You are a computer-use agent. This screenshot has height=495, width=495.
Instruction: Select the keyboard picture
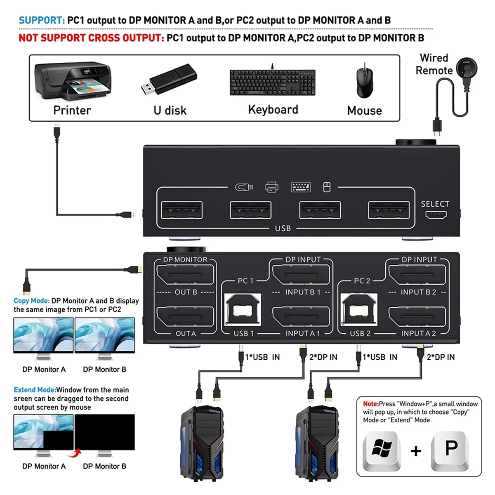tap(273, 82)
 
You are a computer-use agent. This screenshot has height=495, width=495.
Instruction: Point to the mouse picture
tap(364, 81)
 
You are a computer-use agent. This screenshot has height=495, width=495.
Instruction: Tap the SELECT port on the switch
tap(436, 214)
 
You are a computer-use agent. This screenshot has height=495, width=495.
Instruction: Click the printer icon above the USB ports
tap(271, 187)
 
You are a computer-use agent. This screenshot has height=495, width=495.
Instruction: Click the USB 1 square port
tap(243, 310)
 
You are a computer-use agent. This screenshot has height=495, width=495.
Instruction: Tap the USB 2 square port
tap(358, 310)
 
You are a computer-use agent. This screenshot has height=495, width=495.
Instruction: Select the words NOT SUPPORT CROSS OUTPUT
tap(91, 38)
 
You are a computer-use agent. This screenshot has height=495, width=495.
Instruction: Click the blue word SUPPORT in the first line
tap(41, 20)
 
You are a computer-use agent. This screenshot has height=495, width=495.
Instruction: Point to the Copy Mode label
tap(31, 301)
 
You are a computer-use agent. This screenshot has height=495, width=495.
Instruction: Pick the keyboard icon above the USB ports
tap(301, 187)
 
